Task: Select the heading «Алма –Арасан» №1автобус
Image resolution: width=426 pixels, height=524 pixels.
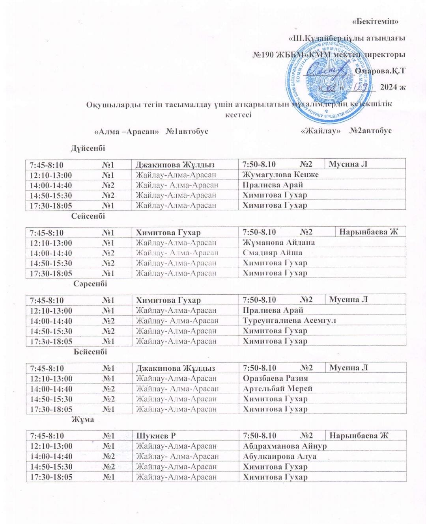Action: pos(151,131)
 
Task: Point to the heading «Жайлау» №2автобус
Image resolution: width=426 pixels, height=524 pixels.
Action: pos(346,131)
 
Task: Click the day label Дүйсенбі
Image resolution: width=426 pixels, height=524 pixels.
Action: pos(88,148)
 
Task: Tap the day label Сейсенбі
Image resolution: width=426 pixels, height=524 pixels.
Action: pos(88,216)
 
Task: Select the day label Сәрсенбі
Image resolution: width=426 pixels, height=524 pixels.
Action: pos(90,284)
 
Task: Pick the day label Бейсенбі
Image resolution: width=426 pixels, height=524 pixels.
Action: pos(90,351)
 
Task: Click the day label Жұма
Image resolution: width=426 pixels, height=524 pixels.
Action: pos(82,419)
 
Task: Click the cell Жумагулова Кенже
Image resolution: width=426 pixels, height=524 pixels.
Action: pos(280,175)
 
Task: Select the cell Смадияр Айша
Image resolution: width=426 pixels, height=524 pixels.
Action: pos(273,253)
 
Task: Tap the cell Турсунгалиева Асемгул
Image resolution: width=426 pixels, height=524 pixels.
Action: pos(289,321)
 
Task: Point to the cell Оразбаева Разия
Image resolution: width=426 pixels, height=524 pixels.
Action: pos(275,378)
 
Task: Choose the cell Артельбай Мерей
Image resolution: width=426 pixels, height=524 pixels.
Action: pos(278,388)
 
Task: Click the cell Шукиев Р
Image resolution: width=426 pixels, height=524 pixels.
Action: pos(156,436)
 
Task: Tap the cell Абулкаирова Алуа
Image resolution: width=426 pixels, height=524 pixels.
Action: pos(280,456)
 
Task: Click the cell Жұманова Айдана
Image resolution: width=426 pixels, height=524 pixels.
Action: pos(279,243)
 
